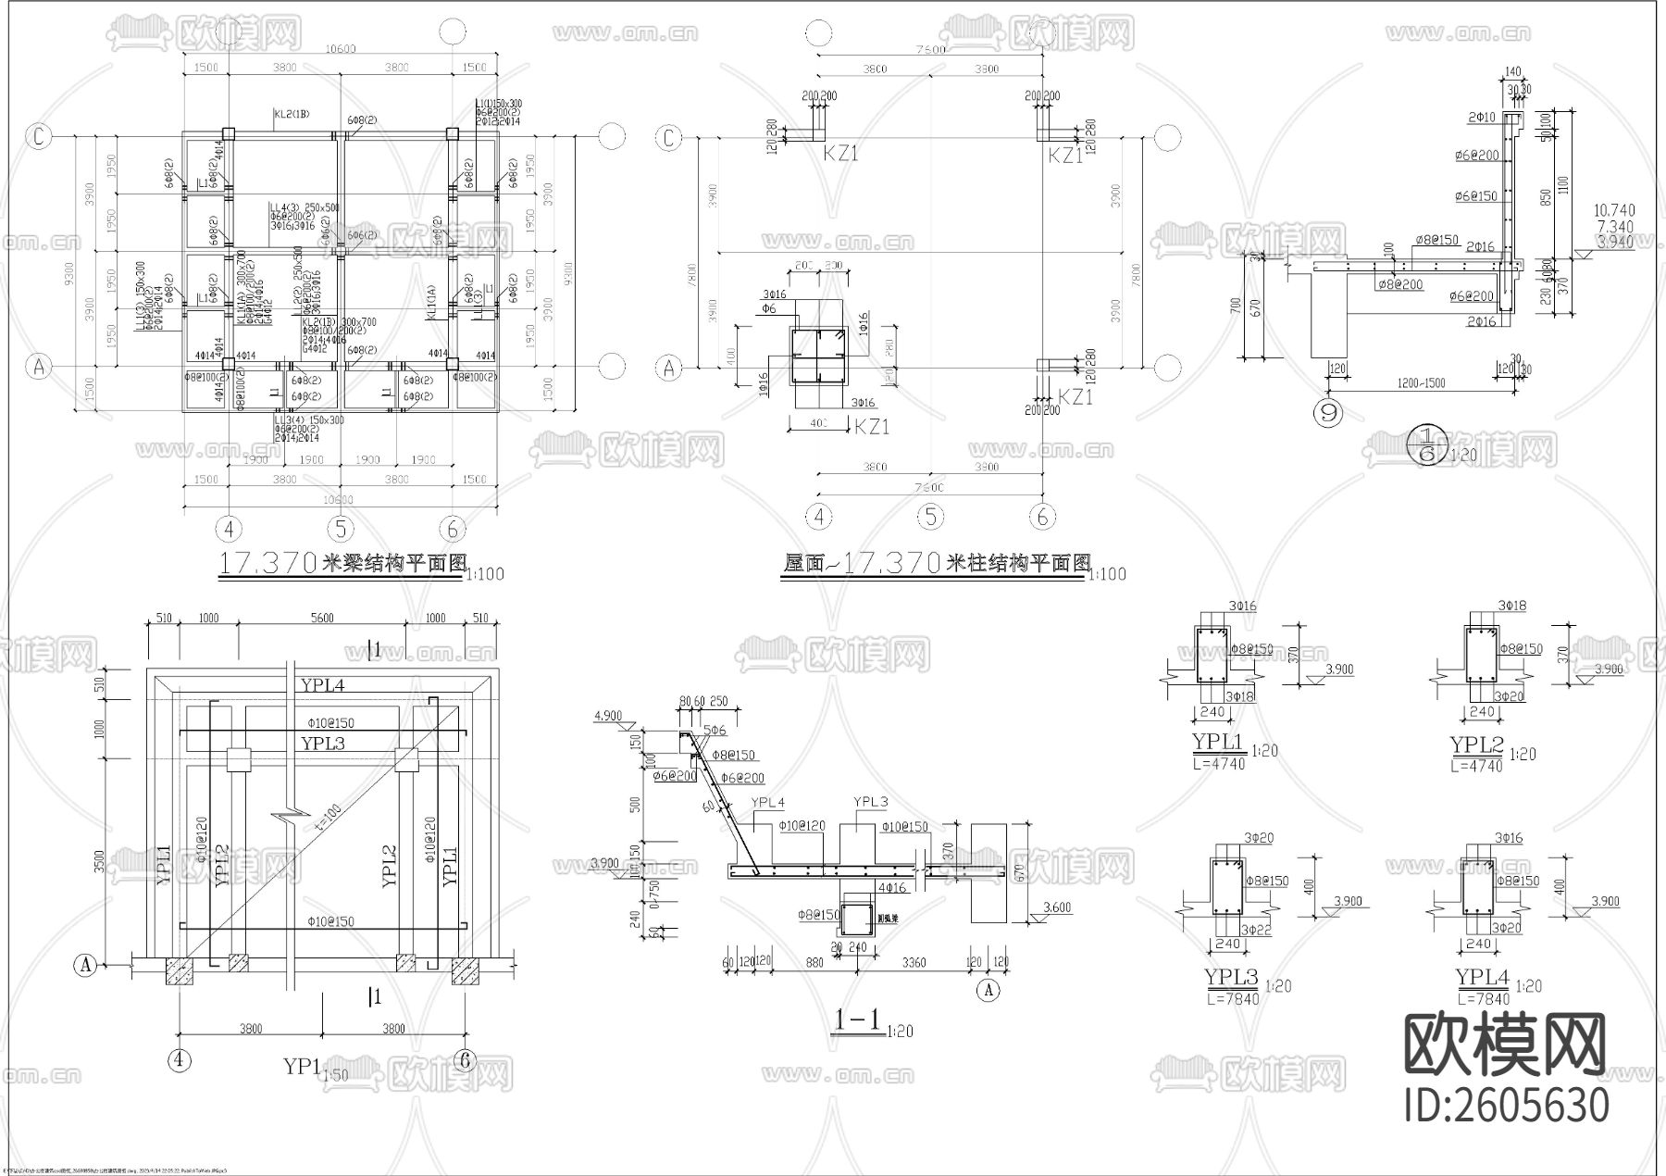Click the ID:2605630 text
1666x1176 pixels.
(x=1507, y=1105)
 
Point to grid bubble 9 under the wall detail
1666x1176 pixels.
(x=1329, y=413)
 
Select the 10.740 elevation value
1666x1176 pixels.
(x=1615, y=210)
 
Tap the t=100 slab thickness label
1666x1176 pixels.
(x=329, y=819)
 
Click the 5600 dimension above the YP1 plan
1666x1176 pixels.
(x=321, y=618)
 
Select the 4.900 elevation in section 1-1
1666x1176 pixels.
(x=607, y=716)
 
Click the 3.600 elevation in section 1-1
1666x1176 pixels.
(x=1055, y=907)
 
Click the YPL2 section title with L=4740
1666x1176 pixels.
(x=1477, y=745)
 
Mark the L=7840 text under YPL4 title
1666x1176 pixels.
(x=1484, y=999)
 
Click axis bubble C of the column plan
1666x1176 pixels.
(x=669, y=138)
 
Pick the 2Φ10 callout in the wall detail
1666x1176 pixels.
(x=1481, y=118)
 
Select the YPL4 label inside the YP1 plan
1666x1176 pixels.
(x=322, y=685)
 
